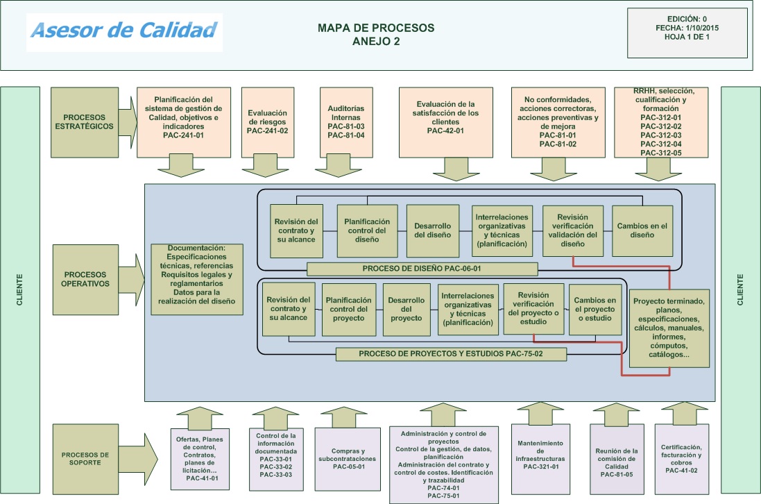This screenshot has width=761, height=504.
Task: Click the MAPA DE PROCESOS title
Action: click(375, 34)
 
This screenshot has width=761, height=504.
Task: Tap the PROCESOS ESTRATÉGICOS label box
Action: click(85, 121)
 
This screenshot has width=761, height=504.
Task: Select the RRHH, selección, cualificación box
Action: click(662, 121)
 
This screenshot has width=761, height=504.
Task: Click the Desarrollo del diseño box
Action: click(433, 230)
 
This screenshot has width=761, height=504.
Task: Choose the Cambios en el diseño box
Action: click(642, 230)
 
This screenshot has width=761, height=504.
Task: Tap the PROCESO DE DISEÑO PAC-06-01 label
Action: click(422, 269)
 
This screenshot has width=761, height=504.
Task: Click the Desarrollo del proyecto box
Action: click(407, 309)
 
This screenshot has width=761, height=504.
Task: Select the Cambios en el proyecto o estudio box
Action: click(595, 309)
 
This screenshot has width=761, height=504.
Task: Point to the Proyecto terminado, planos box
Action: click(669, 328)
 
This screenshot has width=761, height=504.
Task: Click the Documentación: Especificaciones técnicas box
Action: click(197, 279)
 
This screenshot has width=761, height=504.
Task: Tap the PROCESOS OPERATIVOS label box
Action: click(85, 278)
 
